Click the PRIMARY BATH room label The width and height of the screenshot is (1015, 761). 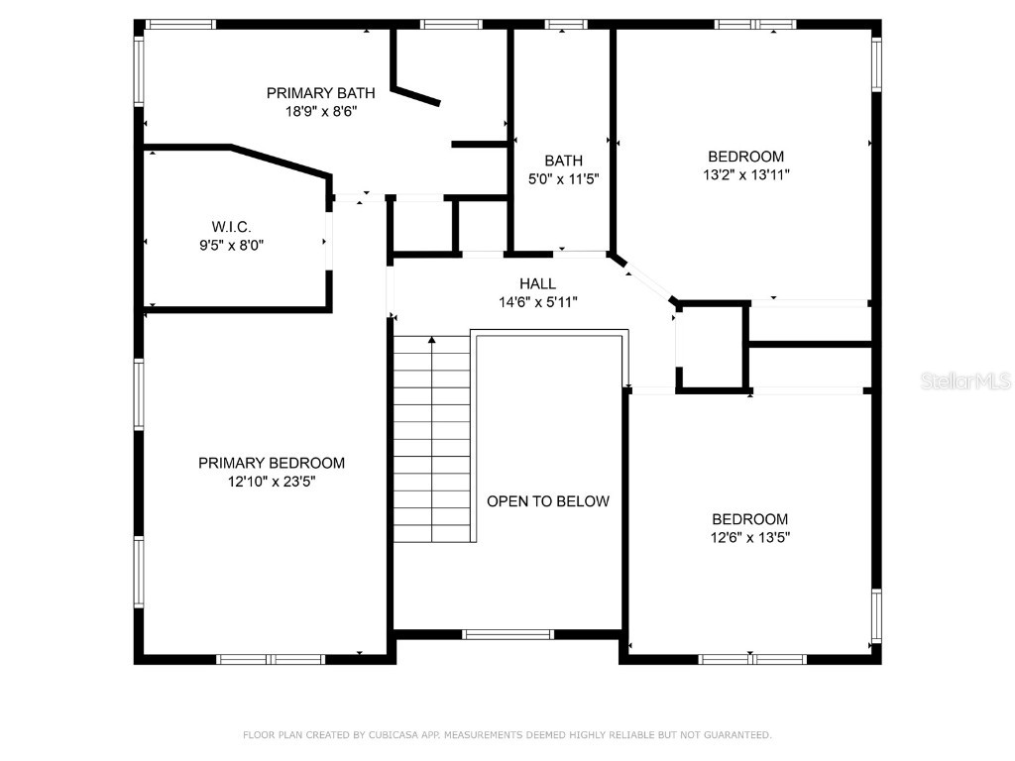coord(320,93)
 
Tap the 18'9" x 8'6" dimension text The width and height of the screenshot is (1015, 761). coord(320,111)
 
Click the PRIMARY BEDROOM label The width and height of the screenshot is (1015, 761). coord(272,463)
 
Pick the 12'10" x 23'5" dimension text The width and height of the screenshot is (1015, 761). coord(272,482)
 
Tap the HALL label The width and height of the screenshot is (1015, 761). coord(537,283)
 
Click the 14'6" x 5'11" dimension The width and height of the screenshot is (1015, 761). coord(537,302)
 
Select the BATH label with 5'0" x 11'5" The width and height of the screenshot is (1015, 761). coord(563,161)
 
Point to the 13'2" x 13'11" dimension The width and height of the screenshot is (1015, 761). coord(745,174)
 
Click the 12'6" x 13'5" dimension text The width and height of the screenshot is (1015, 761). coord(749,537)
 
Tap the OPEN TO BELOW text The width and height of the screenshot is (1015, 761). coord(547,501)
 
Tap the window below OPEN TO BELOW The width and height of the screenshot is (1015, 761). coord(507,634)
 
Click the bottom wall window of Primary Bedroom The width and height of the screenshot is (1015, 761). coord(271,659)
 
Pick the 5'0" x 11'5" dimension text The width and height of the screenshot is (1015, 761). coord(563,179)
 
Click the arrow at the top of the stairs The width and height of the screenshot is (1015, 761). coord(432,342)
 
